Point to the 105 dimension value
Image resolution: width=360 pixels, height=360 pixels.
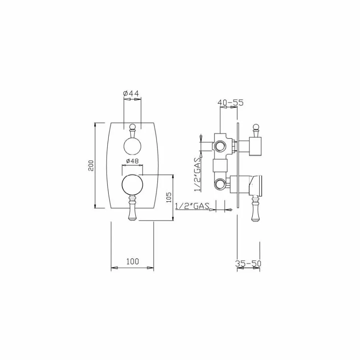169,197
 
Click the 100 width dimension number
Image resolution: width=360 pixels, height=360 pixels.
132,261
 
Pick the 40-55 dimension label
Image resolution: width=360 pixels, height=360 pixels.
230,102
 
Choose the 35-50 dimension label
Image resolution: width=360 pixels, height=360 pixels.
249,263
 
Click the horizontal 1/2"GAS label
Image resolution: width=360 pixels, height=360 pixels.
193,206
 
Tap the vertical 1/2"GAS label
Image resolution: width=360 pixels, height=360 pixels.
197,174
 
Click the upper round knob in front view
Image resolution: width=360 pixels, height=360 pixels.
132,146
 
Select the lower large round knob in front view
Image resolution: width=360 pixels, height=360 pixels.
132,185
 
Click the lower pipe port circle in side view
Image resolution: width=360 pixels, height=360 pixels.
220,185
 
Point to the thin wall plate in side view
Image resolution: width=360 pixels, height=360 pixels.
237,167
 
